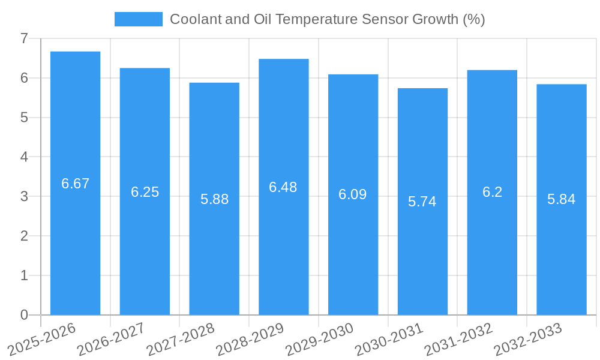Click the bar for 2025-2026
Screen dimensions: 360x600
[x=75, y=183]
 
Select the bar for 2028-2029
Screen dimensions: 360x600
[x=283, y=187]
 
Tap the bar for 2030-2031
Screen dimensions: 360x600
[x=422, y=202]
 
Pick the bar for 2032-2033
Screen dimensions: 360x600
[x=561, y=199]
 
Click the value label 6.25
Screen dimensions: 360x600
[x=145, y=192]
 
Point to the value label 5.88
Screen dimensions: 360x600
[x=214, y=199]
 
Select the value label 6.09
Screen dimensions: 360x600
[x=353, y=194]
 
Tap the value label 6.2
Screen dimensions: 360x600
[x=492, y=192]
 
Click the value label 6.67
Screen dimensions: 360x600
[x=75, y=184]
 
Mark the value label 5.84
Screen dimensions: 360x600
[x=561, y=199]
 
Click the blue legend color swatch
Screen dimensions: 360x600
[x=138, y=19]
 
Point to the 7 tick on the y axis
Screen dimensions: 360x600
[x=24, y=38]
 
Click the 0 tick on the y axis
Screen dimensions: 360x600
[x=24, y=315]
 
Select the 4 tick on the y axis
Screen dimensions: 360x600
[x=24, y=157]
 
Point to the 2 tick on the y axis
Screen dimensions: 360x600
[x=24, y=236]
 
